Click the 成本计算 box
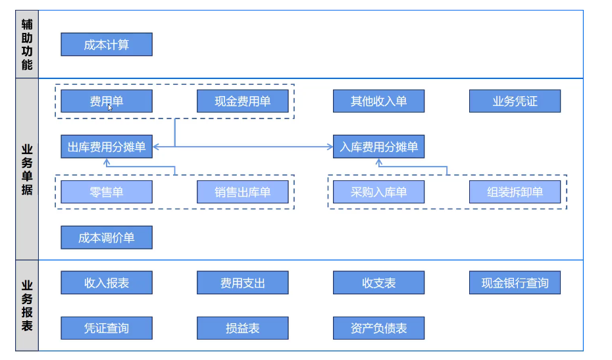click(107, 45)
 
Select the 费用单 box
click(107, 101)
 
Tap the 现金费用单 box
click(243, 101)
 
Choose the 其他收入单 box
click(379, 101)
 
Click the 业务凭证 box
click(515, 101)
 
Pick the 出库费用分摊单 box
click(107, 147)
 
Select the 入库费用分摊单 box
click(379, 147)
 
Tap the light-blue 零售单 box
click(107, 192)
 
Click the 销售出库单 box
click(243, 192)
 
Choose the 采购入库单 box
click(379, 192)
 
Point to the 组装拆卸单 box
click(515, 192)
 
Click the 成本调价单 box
click(107, 238)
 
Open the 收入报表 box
click(107, 283)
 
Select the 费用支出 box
click(243, 283)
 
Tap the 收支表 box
click(379, 283)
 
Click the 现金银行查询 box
click(515, 283)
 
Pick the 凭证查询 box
click(107, 328)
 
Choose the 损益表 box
click(243, 328)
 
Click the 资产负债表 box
click(379, 328)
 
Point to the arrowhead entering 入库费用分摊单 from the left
click(330, 147)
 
